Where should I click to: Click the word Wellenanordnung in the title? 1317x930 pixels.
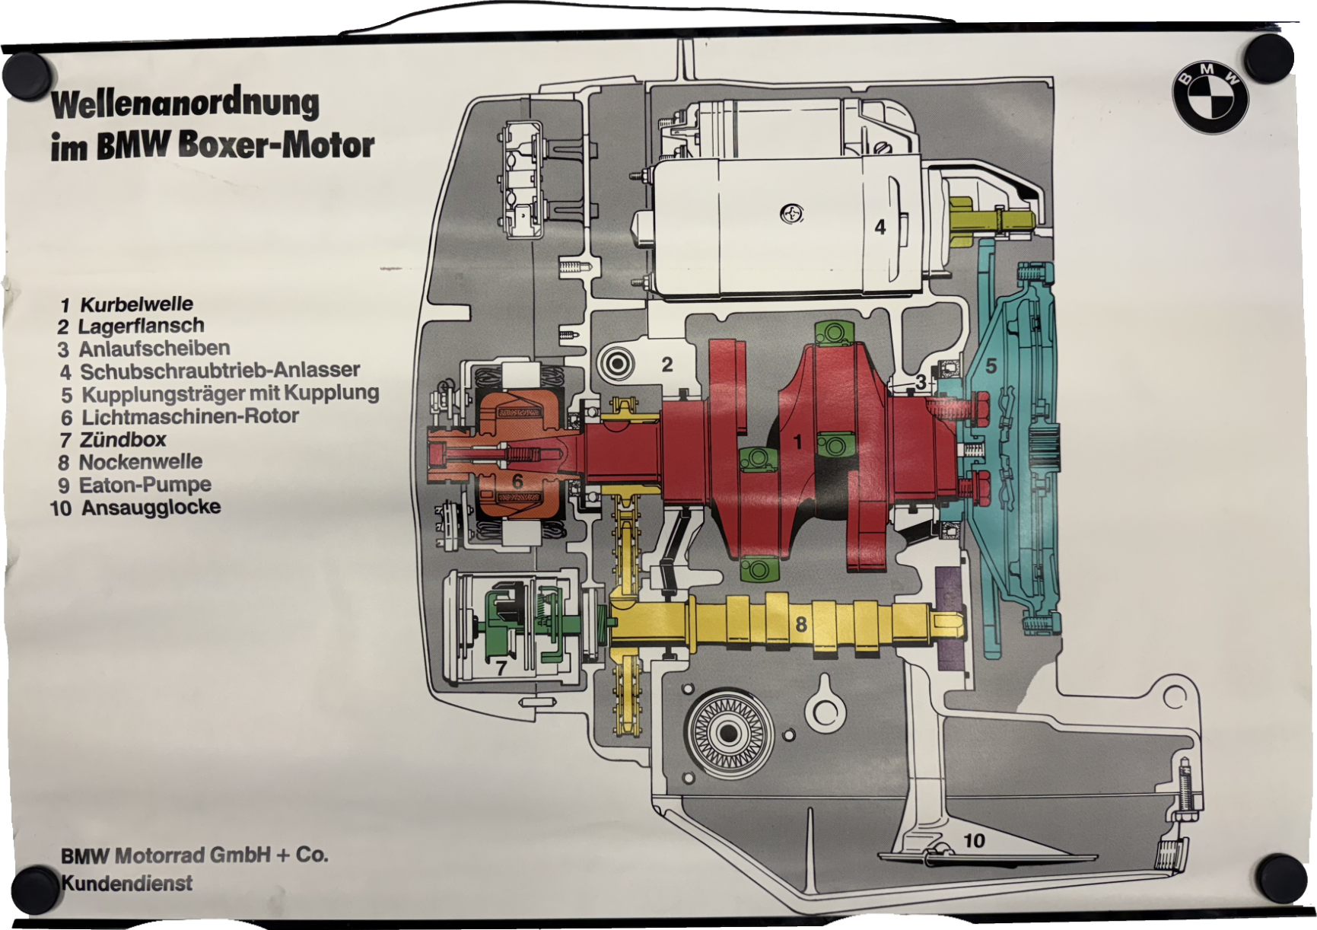click(185, 104)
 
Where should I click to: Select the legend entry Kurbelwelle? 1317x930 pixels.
click(136, 304)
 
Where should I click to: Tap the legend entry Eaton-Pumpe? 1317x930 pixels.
click(145, 485)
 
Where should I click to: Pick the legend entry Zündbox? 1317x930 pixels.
click(122, 439)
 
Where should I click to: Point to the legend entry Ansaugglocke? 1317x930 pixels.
click(151, 508)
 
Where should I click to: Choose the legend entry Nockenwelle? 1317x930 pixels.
click(140, 462)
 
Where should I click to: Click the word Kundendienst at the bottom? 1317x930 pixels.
click(126, 884)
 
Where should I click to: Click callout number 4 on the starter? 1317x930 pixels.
click(880, 227)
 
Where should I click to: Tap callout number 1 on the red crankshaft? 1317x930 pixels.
click(798, 442)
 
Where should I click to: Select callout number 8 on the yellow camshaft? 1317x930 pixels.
click(800, 625)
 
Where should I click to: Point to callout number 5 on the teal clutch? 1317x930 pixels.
click(991, 366)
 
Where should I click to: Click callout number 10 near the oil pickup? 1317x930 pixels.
click(974, 840)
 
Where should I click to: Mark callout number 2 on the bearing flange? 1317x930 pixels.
click(667, 365)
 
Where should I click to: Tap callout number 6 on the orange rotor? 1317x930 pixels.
click(517, 481)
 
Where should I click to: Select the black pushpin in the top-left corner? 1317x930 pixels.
click(28, 75)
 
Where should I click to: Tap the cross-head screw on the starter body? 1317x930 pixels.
click(792, 214)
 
